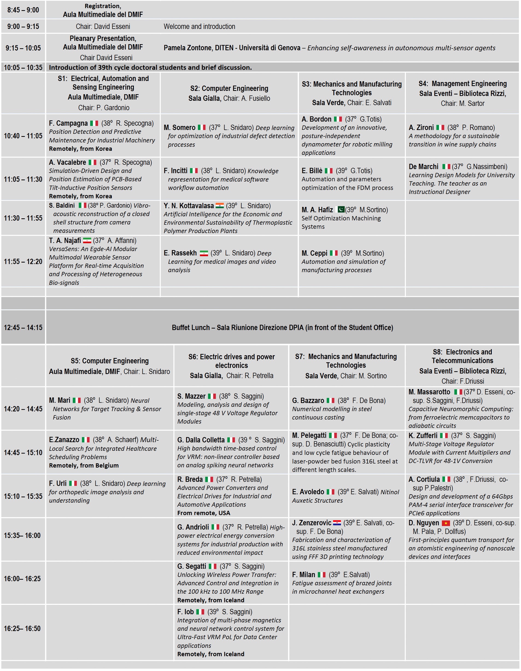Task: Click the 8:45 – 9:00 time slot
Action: pos(23,10)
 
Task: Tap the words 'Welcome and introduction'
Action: pos(199,27)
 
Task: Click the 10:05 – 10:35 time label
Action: pos(23,67)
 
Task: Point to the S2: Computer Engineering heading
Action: pos(229,89)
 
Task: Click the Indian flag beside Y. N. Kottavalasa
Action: pos(219,205)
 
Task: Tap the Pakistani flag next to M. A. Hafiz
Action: pos(341,210)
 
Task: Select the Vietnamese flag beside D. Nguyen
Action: pos(446,523)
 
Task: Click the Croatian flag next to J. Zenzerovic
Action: pos(337,523)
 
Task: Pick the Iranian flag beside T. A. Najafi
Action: pos(87,241)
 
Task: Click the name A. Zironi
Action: pos(421,128)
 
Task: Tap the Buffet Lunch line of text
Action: pos(282,328)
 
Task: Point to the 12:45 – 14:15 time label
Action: pos(23,328)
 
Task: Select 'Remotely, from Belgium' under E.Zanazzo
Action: pos(84,466)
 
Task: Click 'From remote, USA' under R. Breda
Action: pos(203,513)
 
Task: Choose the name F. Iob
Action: pos(185,612)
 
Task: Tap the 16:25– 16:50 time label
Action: pos(22,629)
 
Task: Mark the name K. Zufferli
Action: pos(423,436)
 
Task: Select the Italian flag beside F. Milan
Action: pos(321,575)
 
